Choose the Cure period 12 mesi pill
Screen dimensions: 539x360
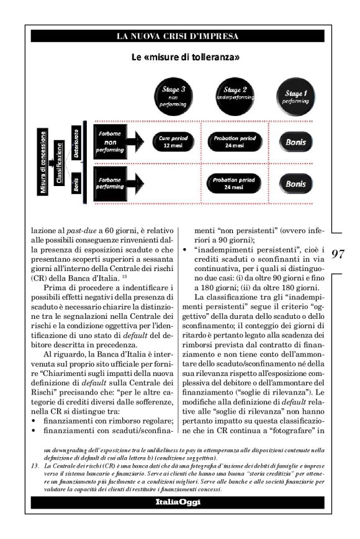[x=169, y=141]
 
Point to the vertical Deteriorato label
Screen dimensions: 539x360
[x=76, y=142]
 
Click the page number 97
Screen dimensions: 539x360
[x=338, y=254]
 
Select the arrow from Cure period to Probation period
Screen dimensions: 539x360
[x=200, y=141]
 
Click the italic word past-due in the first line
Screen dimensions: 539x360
[x=78, y=230]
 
